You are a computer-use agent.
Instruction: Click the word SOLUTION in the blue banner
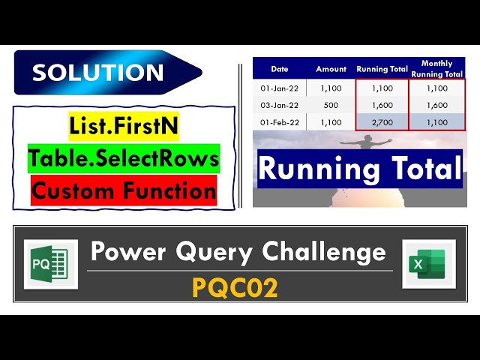coord(97,73)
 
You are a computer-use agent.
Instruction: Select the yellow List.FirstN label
coord(124,126)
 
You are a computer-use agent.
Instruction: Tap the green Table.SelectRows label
coord(124,158)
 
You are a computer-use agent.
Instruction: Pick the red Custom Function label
coord(124,190)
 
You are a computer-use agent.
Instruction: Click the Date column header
coord(279,69)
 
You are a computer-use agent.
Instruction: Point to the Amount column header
coord(331,69)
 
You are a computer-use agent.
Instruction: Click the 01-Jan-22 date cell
coord(279,88)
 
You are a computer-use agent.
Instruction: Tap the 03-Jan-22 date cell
coord(279,105)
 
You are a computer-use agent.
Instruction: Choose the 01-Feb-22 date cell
coord(279,122)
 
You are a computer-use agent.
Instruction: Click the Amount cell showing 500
coord(331,105)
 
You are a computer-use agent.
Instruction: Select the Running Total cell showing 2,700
coord(382,122)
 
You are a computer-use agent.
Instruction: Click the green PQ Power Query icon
coord(50,264)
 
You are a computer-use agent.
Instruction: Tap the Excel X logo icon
coord(429,264)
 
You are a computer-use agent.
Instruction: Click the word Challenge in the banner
coord(330,252)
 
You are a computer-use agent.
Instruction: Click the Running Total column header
coord(382,69)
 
